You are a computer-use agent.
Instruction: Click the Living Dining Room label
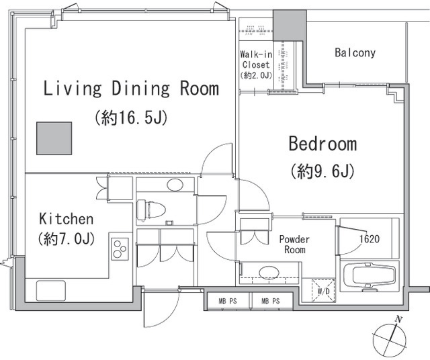pyautogui.click(x=131, y=88)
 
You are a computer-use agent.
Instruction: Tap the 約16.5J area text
pyautogui.click(x=131, y=118)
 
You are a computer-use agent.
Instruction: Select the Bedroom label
pyautogui.click(x=322, y=144)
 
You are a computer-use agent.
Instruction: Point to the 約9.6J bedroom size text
pyautogui.click(x=322, y=171)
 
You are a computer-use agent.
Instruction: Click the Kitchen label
pyautogui.click(x=67, y=219)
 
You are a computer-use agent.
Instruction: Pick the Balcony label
pyautogui.click(x=355, y=52)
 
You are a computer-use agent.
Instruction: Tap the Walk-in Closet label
pyautogui.click(x=256, y=60)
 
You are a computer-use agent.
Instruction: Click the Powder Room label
pyautogui.click(x=294, y=244)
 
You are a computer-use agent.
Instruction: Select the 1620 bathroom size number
pyautogui.click(x=370, y=239)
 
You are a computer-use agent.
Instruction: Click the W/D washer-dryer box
pyautogui.click(x=324, y=291)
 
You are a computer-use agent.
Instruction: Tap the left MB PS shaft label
pyautogui.click(x=228, y=301)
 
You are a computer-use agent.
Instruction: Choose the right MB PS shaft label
pyautogui.click(x=271, y=301)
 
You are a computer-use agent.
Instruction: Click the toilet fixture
pyautogui.click(x=150, y=210)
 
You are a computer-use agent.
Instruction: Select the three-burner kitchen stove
pyautogui.click(x=120, y=249)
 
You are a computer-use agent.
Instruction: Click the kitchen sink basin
pyautogui.click(x=51, y=291)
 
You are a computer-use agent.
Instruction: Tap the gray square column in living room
pyautogui.click(x=54, y=138)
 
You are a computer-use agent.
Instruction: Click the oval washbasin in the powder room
pyautogui.click(x=269, y=272)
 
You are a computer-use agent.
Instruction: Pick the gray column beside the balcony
pyautogui.click(x=290, y=26)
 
